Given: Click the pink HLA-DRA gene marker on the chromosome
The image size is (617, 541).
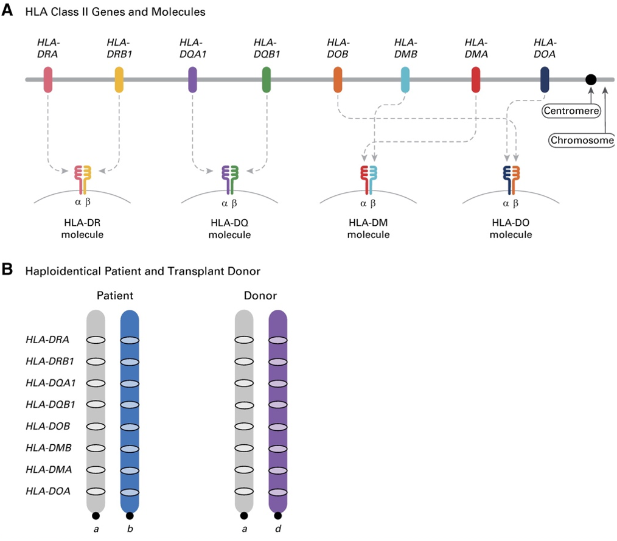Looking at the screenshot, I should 48,80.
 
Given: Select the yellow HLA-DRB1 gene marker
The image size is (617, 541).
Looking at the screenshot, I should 120,80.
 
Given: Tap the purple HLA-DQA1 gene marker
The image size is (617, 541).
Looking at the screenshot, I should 193,80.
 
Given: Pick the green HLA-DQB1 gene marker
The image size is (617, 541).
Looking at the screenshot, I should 266,80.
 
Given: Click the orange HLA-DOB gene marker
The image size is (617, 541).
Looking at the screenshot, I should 338,80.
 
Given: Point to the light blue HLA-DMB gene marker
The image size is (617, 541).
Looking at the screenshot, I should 405,80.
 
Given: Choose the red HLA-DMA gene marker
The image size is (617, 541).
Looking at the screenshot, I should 476,80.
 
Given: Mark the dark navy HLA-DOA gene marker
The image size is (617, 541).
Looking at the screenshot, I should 545,80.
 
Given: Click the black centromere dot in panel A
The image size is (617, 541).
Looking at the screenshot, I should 590,80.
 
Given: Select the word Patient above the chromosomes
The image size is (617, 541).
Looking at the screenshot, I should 114,296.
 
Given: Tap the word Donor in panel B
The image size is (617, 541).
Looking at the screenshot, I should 260,296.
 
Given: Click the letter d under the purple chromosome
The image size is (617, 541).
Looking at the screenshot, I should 278,529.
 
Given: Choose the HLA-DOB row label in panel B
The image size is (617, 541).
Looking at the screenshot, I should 47,426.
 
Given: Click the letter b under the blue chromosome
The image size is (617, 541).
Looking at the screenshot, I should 130,529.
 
